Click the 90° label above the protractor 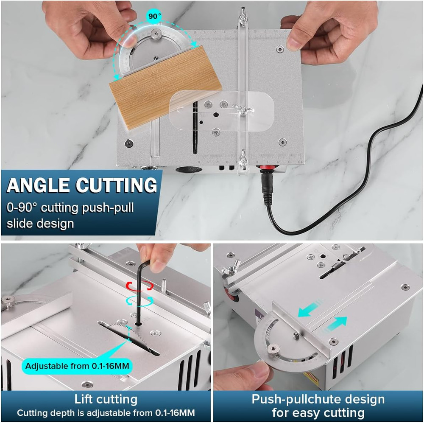[154, 16]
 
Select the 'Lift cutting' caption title [106, 399]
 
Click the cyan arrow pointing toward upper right [335, 323]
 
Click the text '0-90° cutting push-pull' [70, 208]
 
